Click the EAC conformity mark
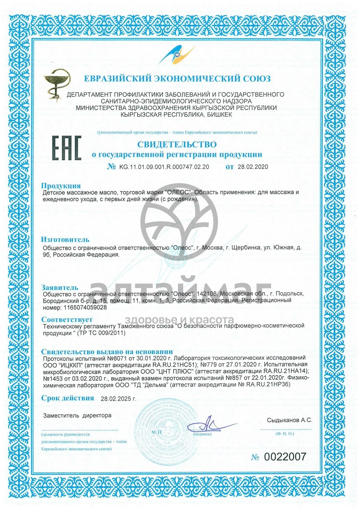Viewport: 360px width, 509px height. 67,148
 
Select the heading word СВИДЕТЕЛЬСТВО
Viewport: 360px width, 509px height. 177,144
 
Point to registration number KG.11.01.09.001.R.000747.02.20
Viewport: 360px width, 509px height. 164,167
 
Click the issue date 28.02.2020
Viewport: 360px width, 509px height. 252,167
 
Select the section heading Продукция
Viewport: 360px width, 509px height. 61,186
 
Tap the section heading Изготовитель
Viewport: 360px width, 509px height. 65,240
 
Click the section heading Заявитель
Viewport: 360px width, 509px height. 60,287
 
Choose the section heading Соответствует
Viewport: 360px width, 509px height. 67,320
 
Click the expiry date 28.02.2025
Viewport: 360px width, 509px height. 118,399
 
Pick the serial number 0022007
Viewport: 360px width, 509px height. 284,457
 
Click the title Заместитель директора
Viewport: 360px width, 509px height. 77,415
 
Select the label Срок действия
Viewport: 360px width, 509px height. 68,398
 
